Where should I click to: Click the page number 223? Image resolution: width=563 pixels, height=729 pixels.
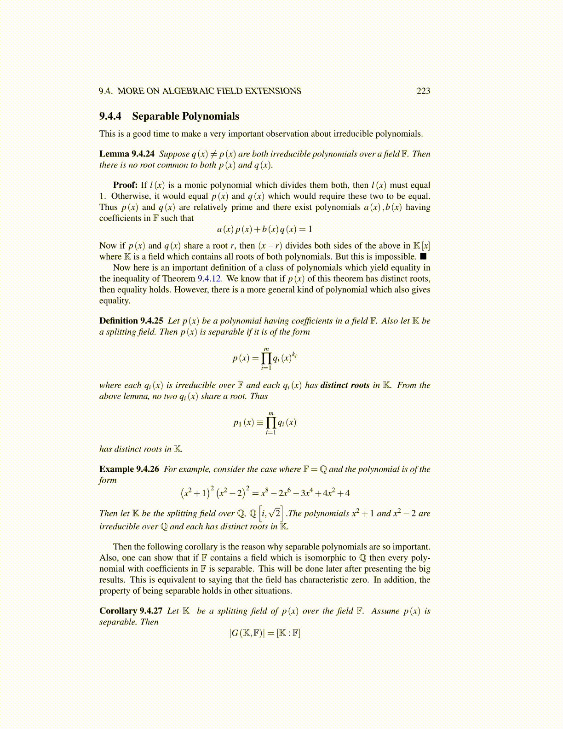click(x=423, y=91)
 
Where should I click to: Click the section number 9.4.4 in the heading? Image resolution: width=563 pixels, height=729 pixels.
click(x=110, y=116)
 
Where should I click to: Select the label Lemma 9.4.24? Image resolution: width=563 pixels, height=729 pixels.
click(x=127, y=154)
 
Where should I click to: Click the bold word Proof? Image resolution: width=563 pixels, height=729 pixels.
click(x=125, y=185)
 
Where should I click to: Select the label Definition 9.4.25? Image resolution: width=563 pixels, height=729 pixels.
click(x=131, y=321)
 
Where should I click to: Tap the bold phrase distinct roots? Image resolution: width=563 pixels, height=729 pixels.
click(x=345, y=385)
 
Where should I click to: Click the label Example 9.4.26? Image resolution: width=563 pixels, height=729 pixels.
click(x=129, y=469)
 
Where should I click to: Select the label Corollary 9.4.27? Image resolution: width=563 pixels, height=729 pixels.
click(x=131, y=611)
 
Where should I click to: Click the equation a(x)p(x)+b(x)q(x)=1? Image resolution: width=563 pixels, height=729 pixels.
click(x=264, y=229)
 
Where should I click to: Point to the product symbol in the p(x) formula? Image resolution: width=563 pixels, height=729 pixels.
click(x=266, y=358)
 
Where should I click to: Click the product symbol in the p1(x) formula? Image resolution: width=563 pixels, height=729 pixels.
click(x=271, y=422)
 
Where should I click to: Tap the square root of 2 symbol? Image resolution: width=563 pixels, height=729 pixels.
click(x=275, y=513)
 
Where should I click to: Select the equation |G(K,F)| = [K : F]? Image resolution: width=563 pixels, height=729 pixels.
click(x=264, y=633)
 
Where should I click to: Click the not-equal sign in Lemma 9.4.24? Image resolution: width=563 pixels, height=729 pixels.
click(x=213, y=154)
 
